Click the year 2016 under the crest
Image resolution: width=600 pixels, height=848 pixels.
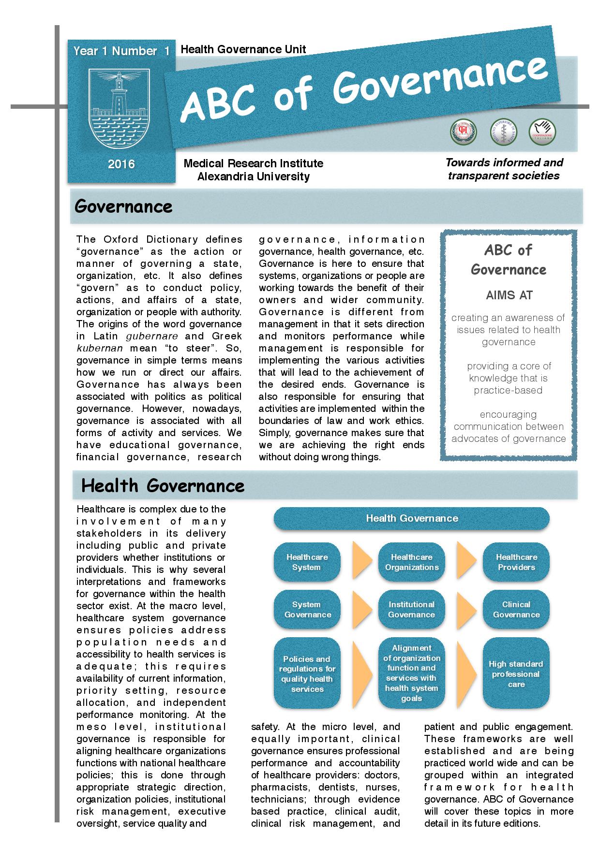point(121,164)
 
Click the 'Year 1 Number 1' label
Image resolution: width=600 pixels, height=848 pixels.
point(121,51)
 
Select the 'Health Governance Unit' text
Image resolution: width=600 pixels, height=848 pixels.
point(243,49)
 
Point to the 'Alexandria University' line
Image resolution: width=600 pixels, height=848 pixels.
point(253,176)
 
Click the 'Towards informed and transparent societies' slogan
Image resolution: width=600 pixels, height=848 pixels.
point(504,169)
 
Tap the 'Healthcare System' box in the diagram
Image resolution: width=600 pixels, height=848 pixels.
point(307,562)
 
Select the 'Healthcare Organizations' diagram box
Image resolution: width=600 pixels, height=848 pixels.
point(412,562)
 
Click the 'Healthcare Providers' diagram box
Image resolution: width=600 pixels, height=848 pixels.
point(516,562)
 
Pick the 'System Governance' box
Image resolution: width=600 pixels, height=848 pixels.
point(307,610)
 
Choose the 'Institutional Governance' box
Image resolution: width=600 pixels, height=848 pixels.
point(412,610)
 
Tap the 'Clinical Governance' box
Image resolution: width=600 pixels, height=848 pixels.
point(516,610)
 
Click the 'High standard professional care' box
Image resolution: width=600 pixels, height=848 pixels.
point(516,673)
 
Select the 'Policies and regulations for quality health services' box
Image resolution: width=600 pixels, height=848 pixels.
point(307,673)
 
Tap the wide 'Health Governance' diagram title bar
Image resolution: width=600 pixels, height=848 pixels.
point(412,518)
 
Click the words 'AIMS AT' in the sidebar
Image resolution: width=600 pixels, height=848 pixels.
point(509,295)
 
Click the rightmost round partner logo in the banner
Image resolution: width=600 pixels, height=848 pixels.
point(542,132)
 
